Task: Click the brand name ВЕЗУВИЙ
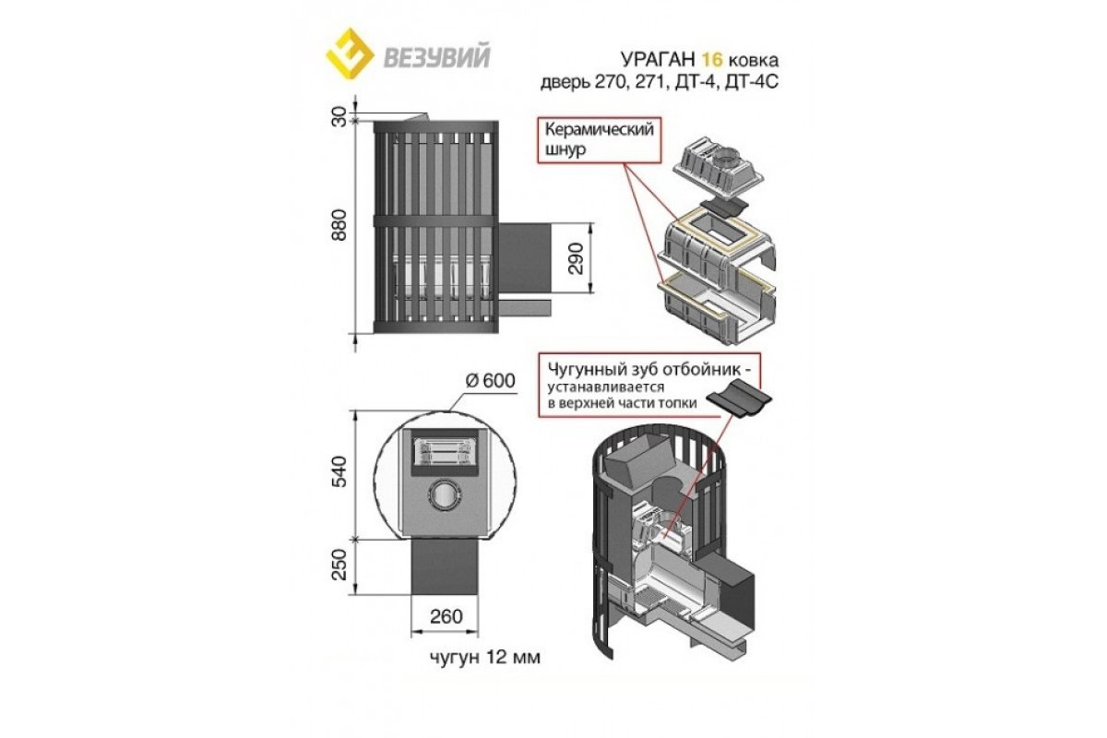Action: pyautogui.click(x=437, y=58)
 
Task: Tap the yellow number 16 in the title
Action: pyautogui.click(x=712, y=59)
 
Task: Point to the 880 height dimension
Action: pyautogui.click(x=340, y=225)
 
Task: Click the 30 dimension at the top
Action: pyautogui.click(x=340, y=117)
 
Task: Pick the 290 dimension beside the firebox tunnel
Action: pyautogui.click(x=577, y=258)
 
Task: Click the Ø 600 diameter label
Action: pyautogui.click(x=490, y=381)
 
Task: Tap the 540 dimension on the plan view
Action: pyautogui.click(x=340, y=471)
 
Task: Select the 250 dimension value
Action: pyautogui.click(x=340, y=565)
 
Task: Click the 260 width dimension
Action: pyautogui.click(x=446, y=616)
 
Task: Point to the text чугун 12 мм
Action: pyautogui.click(x=485, y=658)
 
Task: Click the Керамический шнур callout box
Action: pyautogui.click(x=599, y=139)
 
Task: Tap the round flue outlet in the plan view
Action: pyautogui.click(x=445, y=494)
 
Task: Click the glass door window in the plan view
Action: pyautogui.click(x=441, y=453)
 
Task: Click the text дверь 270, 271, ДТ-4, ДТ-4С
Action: pyautogui.click(x=660, y=82)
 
